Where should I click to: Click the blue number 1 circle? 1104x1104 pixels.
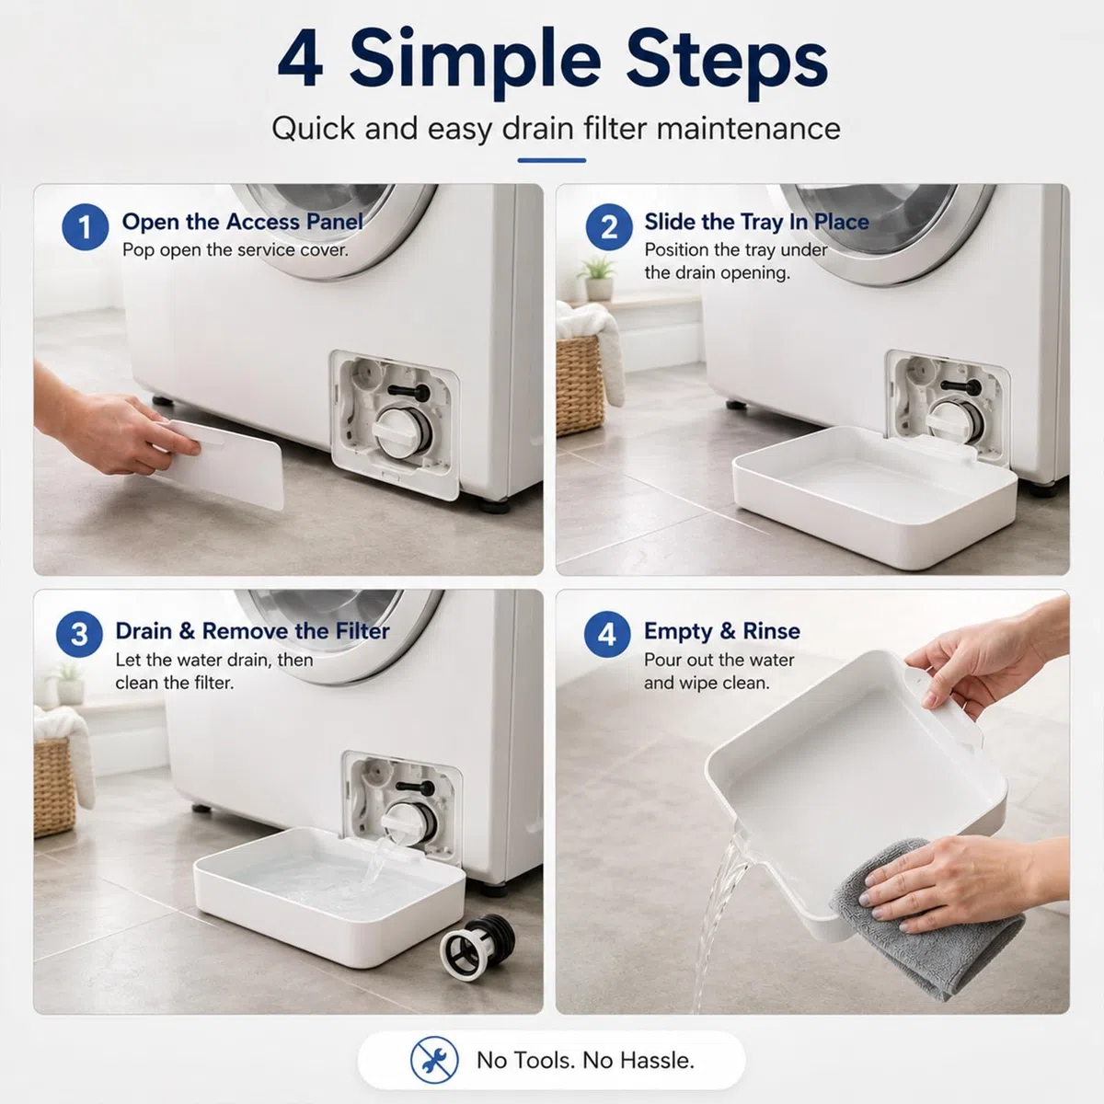click(86, 227)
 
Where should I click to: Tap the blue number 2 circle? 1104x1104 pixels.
click(609, 227)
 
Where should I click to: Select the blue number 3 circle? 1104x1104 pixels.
click(80, 634)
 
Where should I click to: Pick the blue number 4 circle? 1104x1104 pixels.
click(607, 634)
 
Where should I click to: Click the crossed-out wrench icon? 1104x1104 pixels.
click(434, 1060)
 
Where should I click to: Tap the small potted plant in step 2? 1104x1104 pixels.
click(598, 278)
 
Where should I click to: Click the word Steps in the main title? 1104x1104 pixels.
click(727, 63)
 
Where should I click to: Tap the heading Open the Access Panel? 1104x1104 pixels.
click(242, 221)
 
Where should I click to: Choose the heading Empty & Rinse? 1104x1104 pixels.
click(722, 631)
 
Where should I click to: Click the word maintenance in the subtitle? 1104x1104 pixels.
click(748, 128)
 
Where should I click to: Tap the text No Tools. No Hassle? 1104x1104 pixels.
click(585, 1061)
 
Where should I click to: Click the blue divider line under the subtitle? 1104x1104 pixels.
click(551, 160)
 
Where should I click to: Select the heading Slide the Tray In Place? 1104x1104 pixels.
click(756, 221)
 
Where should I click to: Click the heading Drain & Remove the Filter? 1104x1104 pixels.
click(252, 631)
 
